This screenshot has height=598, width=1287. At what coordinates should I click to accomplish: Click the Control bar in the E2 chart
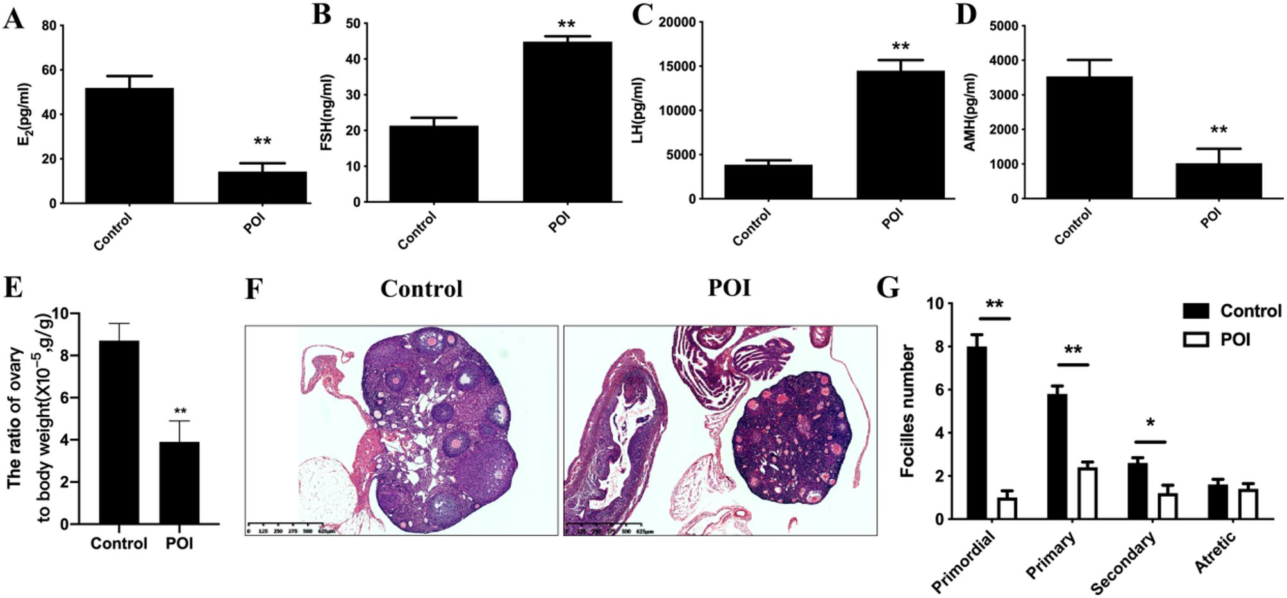[129, 145]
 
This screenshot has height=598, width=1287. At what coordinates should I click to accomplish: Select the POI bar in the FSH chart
[567, 122]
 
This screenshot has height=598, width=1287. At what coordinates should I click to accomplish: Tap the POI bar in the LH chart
[901, 135]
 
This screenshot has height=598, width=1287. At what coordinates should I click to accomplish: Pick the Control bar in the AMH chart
[1089, 137]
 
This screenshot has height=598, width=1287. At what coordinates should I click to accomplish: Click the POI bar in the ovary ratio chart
[179, 483]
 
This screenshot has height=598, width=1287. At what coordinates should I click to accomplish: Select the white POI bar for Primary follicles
[1088, 493]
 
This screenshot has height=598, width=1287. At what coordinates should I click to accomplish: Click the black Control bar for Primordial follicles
[977, 433]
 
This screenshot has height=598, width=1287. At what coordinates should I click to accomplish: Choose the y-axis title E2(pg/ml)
[24, 114]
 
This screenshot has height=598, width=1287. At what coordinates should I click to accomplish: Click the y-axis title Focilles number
[907, 411]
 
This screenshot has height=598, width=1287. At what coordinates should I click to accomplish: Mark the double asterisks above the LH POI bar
[901, 47]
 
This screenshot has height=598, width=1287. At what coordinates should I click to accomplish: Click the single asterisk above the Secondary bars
[1150, 424]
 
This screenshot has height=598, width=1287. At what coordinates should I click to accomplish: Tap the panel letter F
[254, 288]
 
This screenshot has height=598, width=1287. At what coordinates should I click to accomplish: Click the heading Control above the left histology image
[421, 288]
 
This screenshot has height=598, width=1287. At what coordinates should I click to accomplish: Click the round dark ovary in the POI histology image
[792, 436]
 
